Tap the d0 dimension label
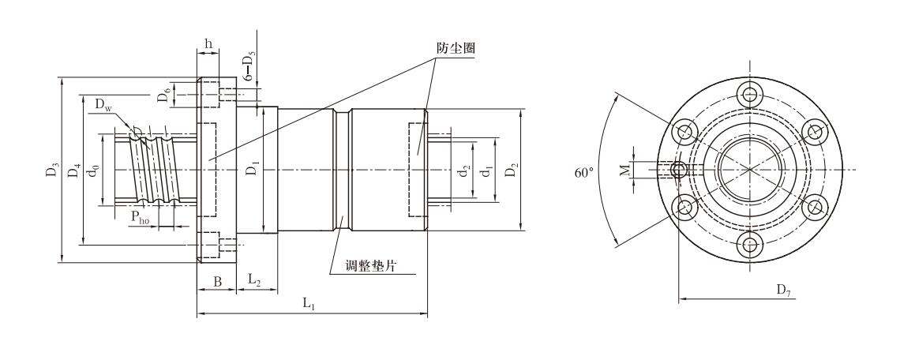(x=94, y=170)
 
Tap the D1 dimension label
(x=253, y=170)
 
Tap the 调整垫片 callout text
(x=369, y=266)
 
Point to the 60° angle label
(x=585, y=171)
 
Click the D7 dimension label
(x=783, y=291)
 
